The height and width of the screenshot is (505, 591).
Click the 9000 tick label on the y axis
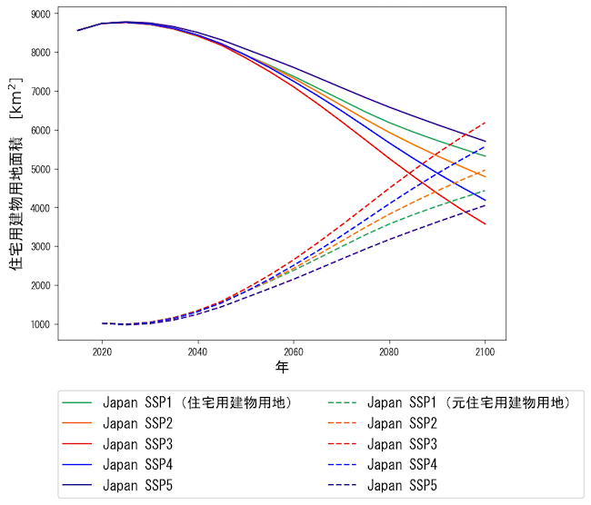pyautogui.click(x=39, y=14)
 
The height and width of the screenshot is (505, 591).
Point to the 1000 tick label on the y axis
pyautogui.click(x=39, y=324)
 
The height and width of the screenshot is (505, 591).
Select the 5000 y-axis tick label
pyautogui.click(x=39, y=169)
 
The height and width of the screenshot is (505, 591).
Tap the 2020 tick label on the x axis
pyautogui.click(x=102, y=351)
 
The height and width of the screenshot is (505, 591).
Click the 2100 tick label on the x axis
pyautogui.click(x=486, y=351)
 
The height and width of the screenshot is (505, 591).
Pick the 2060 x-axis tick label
pyautogui.click(x=294, y=351)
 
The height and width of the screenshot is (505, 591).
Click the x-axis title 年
pyautogui.click(x=283, y=367)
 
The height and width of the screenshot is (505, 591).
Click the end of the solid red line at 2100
pyautogui.click(x=486, y=224)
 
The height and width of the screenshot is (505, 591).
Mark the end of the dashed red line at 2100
pyautogui.click(x=486, y=123)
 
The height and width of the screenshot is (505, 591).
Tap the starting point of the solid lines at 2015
pyautogui.click(x=78, y=31)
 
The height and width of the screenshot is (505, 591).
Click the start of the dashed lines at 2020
pyautogui.click(x=102, y=323)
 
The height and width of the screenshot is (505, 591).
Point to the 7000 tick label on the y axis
pyautogui.click(x=39, y=92)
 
